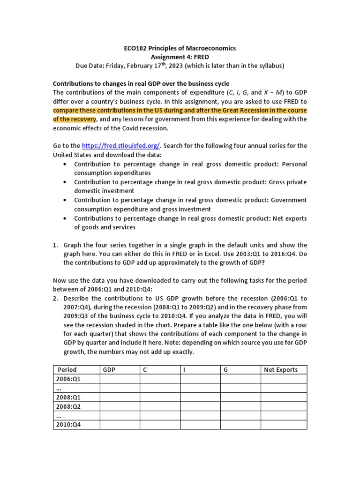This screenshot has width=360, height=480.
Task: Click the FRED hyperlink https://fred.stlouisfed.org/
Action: [121, 146]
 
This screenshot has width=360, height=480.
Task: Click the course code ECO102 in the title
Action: [136, 48]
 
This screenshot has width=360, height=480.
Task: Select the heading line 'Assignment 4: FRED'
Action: [180, 57]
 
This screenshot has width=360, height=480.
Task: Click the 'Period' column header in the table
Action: [67, 370]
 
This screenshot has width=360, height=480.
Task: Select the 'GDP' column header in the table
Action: [109, 370]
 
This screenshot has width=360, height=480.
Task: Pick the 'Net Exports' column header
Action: [281, 370]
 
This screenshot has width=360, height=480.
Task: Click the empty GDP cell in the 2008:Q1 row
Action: [120, 397]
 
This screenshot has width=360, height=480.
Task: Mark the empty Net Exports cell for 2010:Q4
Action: [284, 425]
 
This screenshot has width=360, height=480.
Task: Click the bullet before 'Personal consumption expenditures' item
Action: [64, 164]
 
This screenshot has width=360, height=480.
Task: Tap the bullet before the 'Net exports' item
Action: [64, 218]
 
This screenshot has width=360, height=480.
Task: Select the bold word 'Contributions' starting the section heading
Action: [74, 83]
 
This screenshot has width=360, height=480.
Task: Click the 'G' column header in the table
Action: [225, 370]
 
